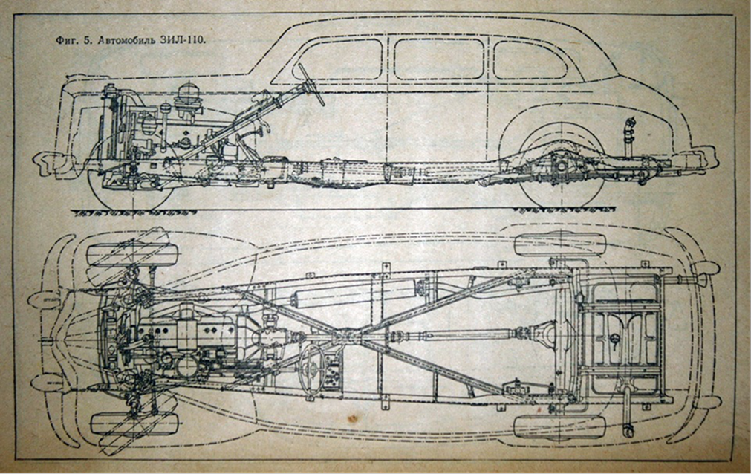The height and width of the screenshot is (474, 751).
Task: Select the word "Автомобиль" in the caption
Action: pos(119,41)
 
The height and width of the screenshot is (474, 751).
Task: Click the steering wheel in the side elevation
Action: pos(311,83)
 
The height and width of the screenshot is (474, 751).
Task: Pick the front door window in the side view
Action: pos(338,59)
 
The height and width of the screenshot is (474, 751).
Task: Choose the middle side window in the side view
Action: pos(439,59)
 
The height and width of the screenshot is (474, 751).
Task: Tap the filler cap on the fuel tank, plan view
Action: pos(614,339)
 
